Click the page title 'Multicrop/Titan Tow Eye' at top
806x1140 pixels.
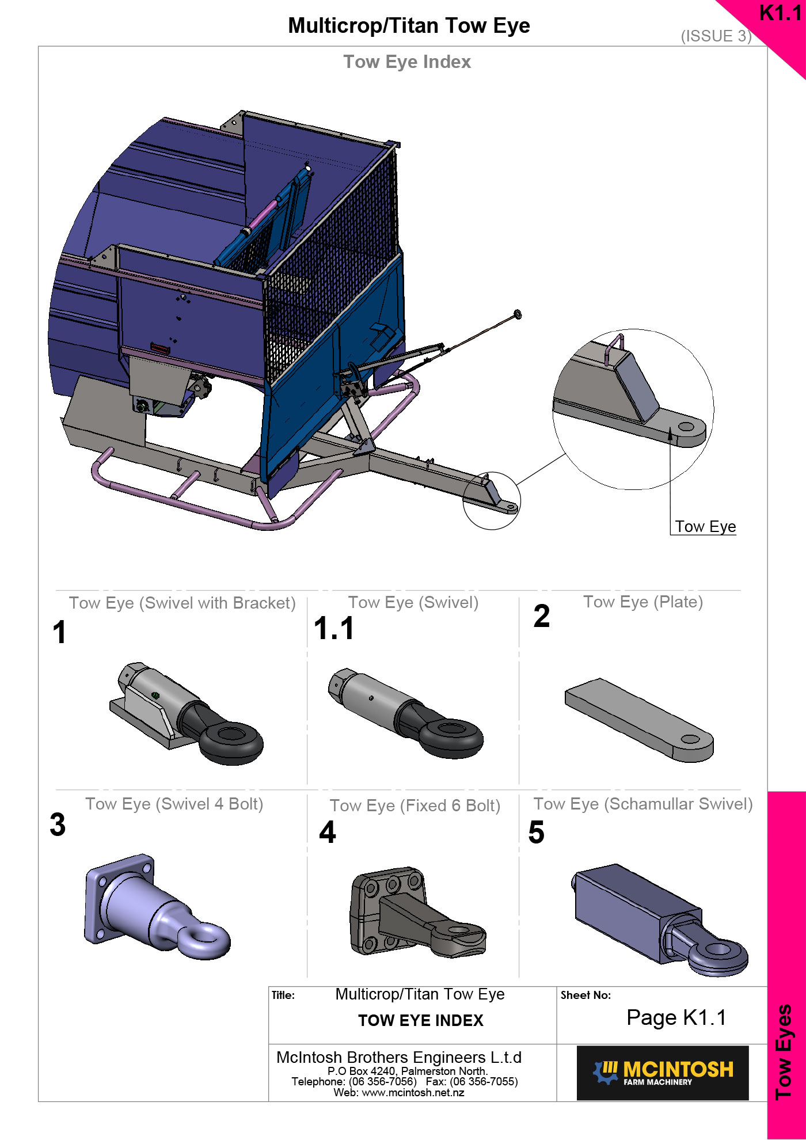[409, 26]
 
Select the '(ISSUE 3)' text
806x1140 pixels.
[716, 36]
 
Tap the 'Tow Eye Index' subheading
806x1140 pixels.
[407, 62]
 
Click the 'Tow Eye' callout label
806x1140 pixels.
[705, 527]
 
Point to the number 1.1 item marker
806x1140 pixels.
[334, 628]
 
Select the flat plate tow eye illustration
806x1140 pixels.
[639, 720]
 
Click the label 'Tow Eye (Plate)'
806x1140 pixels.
[643, 602]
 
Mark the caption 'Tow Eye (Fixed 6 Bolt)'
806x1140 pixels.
[415, 805]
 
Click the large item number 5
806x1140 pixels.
[537, 833]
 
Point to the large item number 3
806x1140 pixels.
[58, 824]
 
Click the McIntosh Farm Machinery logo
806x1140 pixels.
[663, 1073]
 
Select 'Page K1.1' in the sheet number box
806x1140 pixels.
[676, 1018]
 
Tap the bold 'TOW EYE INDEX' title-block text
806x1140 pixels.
[421, 1021]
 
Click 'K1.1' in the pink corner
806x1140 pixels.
[780, 13]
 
